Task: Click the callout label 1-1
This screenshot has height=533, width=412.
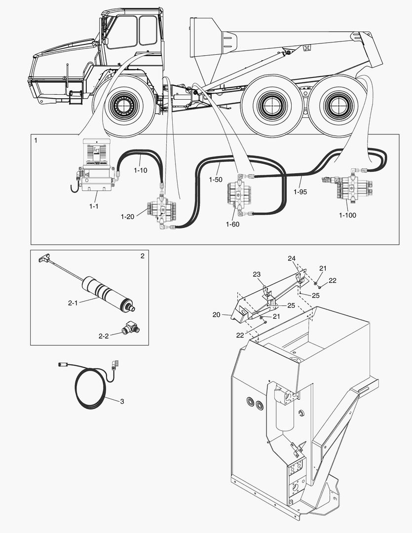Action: pyautogui.click(x=94, y=206)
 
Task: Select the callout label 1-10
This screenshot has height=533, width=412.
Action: pyautogui.click(x=141, y=170)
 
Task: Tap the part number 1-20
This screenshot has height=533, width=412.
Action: pyautogui.click(x=128, y=216)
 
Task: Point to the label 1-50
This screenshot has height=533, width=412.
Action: pyautogui.click(x=216, y=180)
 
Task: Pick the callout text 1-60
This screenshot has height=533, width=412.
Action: pyautogui.click(x=233, y=225)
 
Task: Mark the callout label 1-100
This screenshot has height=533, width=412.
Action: pyautogui.click(x=348, y=215)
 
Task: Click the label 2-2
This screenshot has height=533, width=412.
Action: pyautogui.click(x=104, y=336)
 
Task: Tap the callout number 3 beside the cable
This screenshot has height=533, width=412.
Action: pyautogui.click(x=122, y=401)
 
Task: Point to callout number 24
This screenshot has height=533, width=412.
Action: pyautogui.click(x=292, y=259)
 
